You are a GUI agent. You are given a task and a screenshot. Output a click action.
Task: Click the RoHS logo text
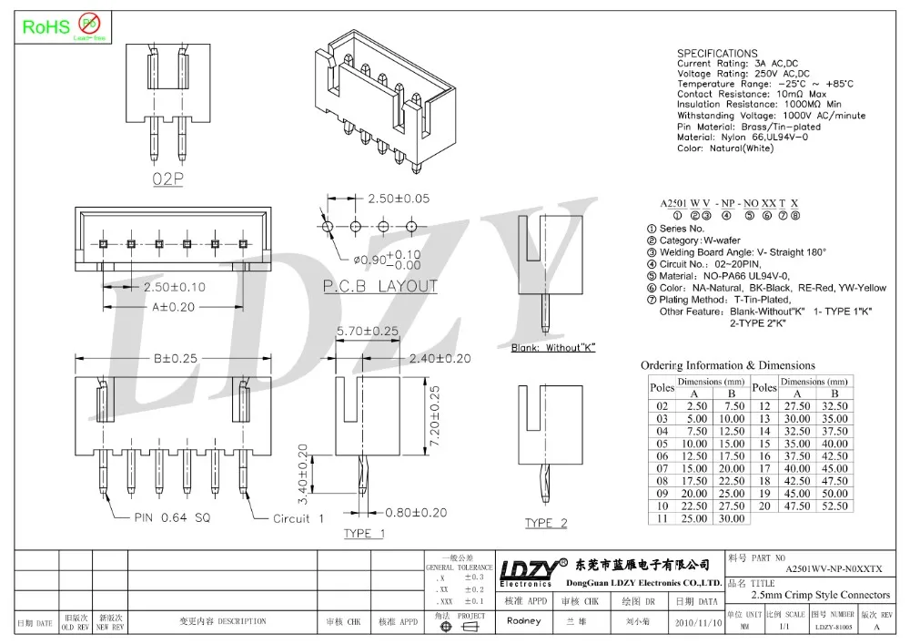(x=45, y=26)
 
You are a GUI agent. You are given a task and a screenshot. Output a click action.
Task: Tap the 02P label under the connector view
(x=167, y=179)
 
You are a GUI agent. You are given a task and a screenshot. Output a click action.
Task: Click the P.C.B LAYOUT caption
(x=380, y=286)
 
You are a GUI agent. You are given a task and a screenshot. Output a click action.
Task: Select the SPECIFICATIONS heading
(x=717, y=54)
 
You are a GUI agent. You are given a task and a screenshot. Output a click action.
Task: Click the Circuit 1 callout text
(x=298, y=518)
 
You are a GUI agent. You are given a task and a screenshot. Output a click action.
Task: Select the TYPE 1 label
(x=363, y=533)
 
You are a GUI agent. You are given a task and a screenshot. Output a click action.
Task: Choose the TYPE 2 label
(x=546, y=523)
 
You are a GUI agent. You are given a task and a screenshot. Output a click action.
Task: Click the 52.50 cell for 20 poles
(x=834, y=506)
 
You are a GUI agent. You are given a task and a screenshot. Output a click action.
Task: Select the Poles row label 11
(x=662, y=518)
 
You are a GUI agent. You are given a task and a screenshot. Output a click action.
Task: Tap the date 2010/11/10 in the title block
(x=696, y=621)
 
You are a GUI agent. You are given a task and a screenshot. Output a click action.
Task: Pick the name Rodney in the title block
(x=523, y=621)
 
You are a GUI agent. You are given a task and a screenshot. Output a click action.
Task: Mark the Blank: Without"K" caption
(x=552, y=349)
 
